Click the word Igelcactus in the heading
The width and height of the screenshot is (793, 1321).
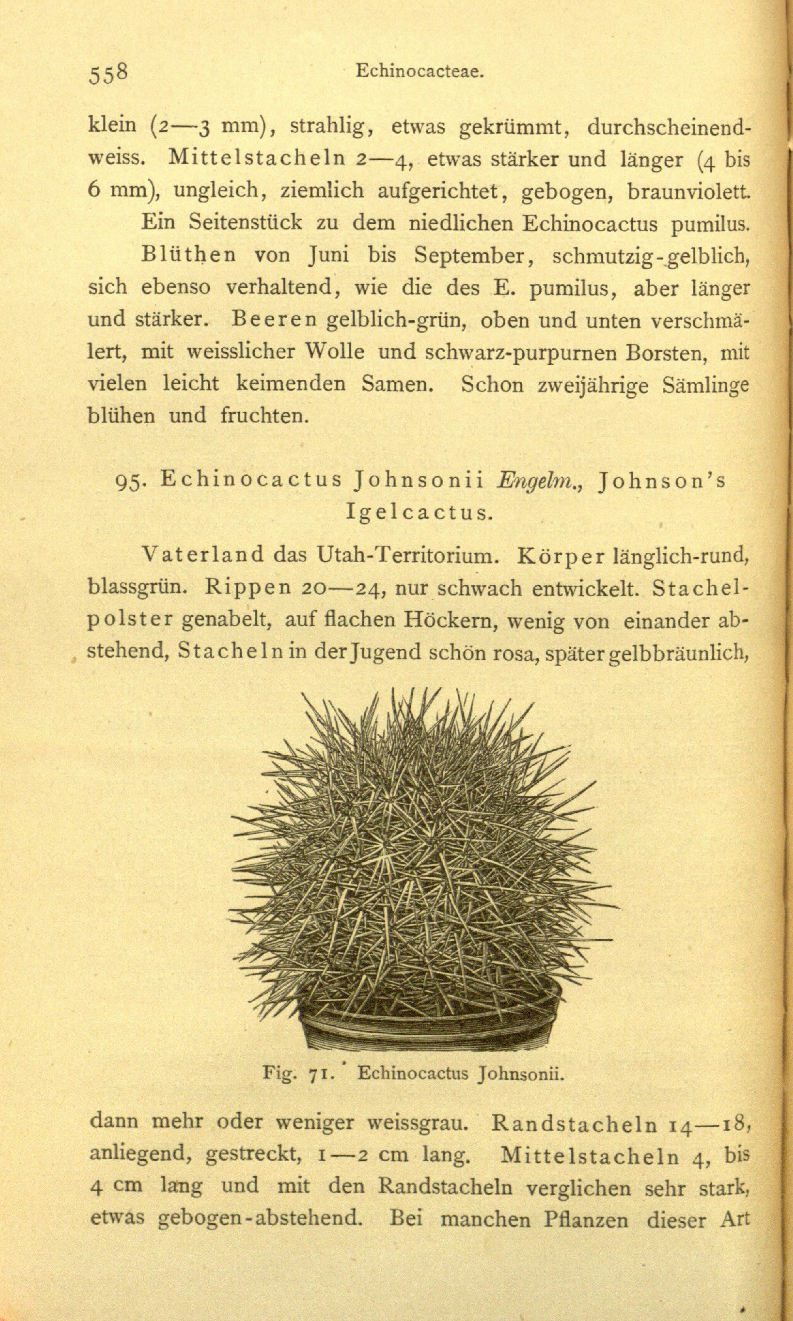click(x=417, y=513)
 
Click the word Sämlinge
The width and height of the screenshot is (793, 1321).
click(x=705, y=386)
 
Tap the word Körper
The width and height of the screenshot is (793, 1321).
click(x=560, y=557)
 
